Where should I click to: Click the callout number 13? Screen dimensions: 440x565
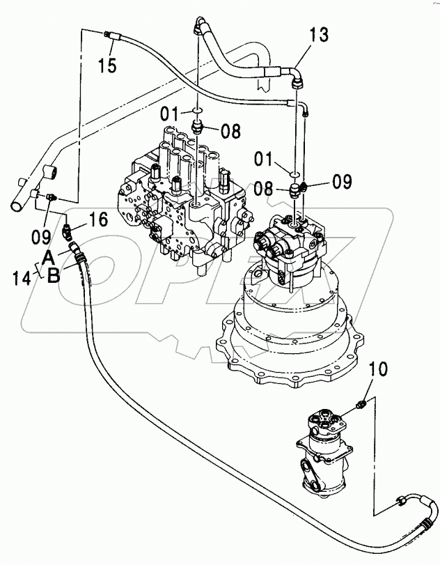tap(319, 35)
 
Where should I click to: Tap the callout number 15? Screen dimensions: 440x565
tap(108, 65)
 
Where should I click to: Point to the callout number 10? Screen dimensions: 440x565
tap(378, 369)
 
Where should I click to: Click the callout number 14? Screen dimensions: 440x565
tap(22, 278)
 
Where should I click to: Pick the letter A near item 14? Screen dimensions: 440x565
tap(49, 258)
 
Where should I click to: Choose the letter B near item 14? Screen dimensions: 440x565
tap(54, 277)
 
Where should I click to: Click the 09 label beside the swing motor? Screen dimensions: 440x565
tap(342, 181)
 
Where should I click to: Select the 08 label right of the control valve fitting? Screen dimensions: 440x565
tap(231, 131)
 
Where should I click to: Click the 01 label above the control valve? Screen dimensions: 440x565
tap(170, 114)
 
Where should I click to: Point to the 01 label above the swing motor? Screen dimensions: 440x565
tap(264, 159)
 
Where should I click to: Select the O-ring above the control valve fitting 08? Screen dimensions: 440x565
tap(197, 109)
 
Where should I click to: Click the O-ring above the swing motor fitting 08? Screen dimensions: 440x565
tap(294, 174)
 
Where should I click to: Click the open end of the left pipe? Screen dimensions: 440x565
tap(17, 207)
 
